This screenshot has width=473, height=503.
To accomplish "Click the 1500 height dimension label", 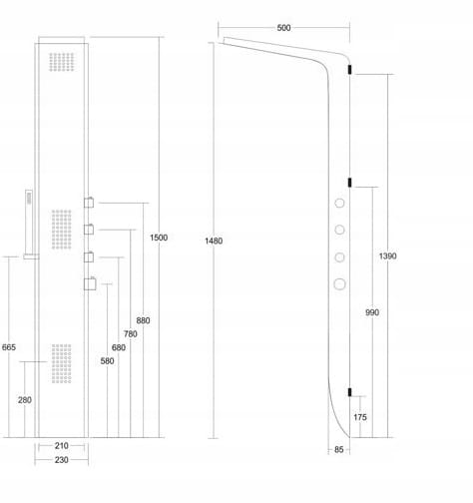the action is pos(159,238).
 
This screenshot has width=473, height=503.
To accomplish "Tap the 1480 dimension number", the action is pos(214,241).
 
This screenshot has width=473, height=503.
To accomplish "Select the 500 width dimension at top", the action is pos(283,28).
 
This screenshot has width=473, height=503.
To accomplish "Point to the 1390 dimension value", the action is pos(387,255).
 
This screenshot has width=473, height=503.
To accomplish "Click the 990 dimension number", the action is pos(372,312).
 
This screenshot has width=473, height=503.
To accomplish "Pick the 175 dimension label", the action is pos(360,417).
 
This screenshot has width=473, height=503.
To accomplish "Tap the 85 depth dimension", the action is pos(338,450).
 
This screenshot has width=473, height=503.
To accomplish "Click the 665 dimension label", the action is pos(9,347).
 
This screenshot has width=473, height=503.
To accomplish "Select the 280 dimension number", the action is pos(25,400).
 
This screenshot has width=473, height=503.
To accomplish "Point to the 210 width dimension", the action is pos(62,446).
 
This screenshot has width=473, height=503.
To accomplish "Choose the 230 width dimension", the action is pos(62,460).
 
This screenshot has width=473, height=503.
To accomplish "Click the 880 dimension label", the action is pos(143,320).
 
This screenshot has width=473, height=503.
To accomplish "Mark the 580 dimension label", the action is pos(107,361).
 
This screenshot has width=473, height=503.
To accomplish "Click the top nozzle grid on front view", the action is pos(62,62).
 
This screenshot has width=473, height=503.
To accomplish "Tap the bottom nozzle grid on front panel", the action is pos(62,363).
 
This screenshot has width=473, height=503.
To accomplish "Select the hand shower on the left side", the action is pos(29,223).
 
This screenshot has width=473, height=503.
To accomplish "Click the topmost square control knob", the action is pos(89,203).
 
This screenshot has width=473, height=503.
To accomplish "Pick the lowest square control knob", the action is pos(90,283).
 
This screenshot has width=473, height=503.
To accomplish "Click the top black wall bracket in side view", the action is pos(349,69).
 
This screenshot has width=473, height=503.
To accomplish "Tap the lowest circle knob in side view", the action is pos(339,284).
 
